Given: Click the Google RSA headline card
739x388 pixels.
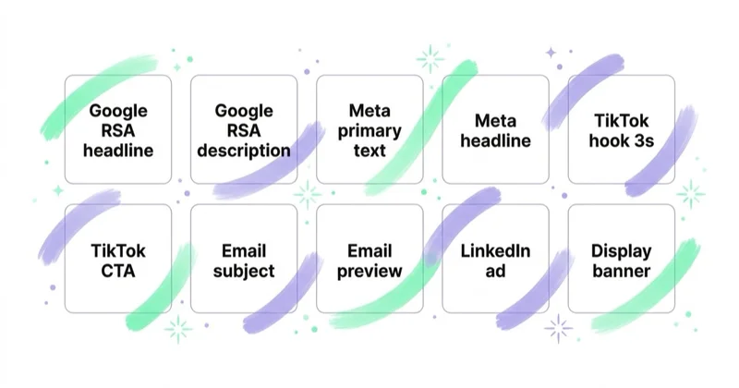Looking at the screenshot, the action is (118, 129).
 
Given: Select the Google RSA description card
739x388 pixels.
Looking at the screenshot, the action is (244, 129).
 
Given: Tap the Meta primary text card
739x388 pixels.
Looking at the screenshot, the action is (369, 129).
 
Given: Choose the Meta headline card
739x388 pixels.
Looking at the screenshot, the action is (495, 129).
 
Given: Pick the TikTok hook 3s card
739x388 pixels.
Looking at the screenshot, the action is (621, 129).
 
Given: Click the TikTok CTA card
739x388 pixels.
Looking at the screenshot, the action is (118, 259).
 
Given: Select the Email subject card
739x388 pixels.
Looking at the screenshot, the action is (244, 259).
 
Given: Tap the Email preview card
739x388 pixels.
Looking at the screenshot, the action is (369, 259).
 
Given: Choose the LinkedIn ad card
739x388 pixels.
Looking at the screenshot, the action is (495, 259).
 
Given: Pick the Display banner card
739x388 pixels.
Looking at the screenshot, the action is (621, 259).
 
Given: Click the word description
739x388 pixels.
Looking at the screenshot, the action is (244, 151).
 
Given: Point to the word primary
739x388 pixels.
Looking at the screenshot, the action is (369, 131).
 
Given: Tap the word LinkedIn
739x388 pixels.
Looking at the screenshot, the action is (495, 250).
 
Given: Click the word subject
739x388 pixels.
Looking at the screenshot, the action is (244, 272).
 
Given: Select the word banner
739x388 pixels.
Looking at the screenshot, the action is (621, 271).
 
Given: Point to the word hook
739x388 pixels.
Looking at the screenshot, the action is (609, 140).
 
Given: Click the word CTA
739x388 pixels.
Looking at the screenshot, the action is (118, 271).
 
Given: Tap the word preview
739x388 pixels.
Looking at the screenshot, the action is (369, 272).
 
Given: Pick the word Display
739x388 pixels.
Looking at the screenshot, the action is (621, 252).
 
